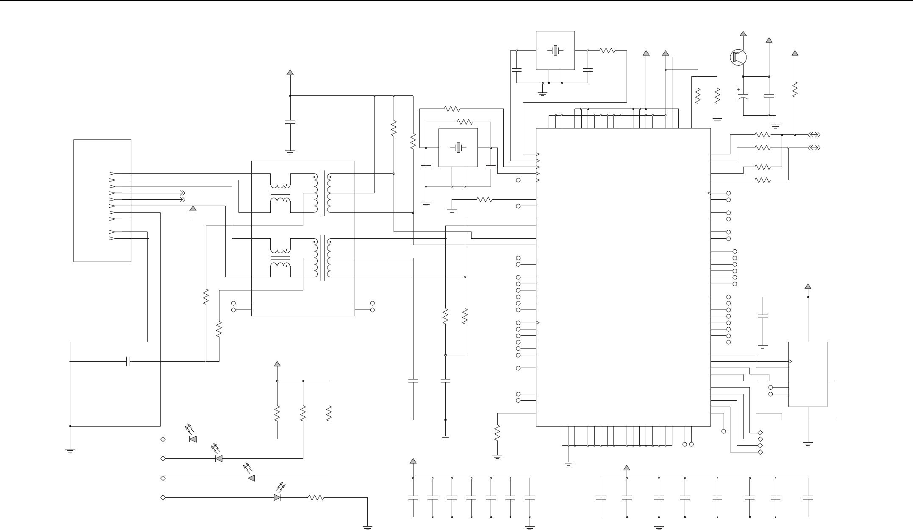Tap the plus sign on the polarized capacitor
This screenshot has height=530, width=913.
738,89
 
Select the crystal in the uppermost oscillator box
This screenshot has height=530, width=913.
555,50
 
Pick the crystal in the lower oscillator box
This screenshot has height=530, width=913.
458,148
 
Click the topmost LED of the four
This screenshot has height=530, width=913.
193,439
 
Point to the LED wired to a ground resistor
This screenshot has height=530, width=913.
278,497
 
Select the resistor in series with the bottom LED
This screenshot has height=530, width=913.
316,497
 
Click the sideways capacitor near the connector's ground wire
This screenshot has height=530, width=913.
128,361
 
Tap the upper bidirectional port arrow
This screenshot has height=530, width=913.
814,135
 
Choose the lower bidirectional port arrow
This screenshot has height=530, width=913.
814,148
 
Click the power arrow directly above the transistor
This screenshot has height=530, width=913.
743,33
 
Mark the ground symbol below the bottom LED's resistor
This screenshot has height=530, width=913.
367,527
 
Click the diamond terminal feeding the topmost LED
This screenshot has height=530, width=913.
163,439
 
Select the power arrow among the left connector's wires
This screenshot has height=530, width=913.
193,208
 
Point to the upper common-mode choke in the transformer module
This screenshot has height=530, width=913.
280,193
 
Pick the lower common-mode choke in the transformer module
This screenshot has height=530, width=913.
280,258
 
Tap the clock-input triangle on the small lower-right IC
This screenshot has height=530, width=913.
791,362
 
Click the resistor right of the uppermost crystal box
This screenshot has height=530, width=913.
607,50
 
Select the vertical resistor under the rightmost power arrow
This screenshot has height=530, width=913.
795,89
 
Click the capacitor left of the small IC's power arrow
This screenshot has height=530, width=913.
763,316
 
